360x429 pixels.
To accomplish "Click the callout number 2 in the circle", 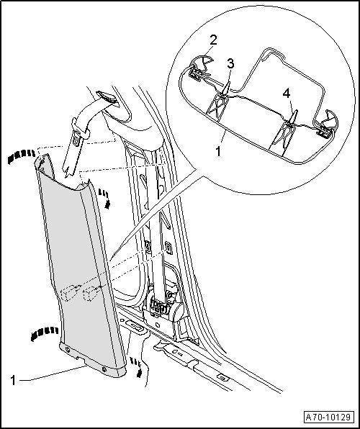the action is tap(213, 40).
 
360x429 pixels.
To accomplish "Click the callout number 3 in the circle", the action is tap(230, 64).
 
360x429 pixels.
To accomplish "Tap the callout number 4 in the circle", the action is tap(287, 94).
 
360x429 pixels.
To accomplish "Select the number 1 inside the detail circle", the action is tap(218, 151).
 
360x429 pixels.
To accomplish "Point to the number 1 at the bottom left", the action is tap(13, 380).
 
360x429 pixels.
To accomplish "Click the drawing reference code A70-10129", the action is tap(328, 417).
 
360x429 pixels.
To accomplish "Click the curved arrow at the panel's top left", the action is tap(22, 155).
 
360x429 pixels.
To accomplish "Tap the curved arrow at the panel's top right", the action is tap(105, 199).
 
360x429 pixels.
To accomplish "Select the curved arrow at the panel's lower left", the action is tap(44, 333).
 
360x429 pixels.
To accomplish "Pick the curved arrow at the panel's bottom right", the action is tap(137, 367).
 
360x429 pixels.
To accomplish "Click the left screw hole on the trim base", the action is tap(67, 349).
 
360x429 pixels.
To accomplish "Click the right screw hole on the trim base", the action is tap(104, 369).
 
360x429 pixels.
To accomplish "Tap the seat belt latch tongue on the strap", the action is tap(76, 139).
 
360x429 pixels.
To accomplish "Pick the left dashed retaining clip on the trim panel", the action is tap(69, 292).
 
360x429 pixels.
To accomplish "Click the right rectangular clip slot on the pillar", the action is tap(168, 248).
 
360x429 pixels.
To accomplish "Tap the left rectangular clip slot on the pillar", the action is tap(148, 246).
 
